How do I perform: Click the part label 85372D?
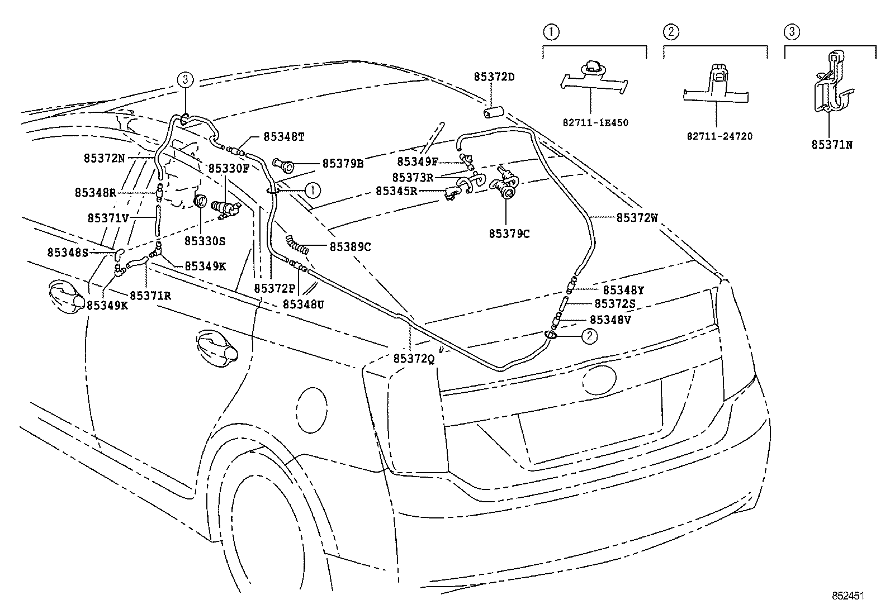coord(494,76)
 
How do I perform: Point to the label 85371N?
coord(832,145)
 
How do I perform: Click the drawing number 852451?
coord(848,596)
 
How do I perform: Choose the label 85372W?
coord(637,218)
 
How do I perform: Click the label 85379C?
coord(509,234)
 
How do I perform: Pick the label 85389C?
coord(351,246)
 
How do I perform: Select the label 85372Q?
coord(414,359)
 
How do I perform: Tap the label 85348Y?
coord(623,290)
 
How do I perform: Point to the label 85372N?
coord(105,158)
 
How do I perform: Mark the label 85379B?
coord(343,164)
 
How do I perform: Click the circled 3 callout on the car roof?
coord(186,79)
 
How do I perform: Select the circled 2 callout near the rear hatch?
coord(590,336)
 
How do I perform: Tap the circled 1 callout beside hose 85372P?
coord(312,190)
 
